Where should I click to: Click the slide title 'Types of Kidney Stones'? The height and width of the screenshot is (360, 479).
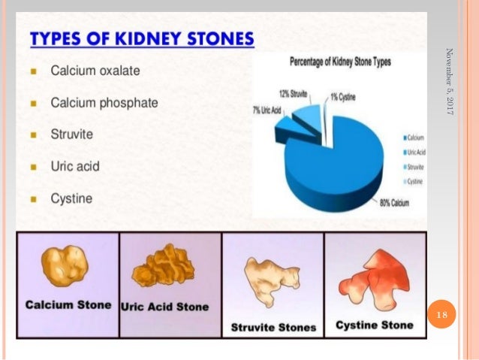tap(142, 38)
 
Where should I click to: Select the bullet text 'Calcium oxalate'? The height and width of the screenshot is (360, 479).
tap(95, 71)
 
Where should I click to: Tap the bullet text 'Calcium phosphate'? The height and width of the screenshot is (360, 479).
tap(104, 103)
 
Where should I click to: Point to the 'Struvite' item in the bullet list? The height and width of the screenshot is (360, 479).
tap(72, 135)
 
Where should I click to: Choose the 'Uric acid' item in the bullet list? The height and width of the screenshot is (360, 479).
tap(75, 167)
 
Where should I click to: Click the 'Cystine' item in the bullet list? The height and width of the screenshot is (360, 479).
tap(71, 199)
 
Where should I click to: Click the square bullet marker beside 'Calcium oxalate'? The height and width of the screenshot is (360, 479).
tap(35, 71)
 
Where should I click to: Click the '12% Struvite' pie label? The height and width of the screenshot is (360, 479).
tap(294, 94)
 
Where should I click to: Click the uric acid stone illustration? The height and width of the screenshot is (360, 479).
tap(164, 268)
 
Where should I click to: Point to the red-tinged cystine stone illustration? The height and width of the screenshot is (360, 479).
tap(373, 278)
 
